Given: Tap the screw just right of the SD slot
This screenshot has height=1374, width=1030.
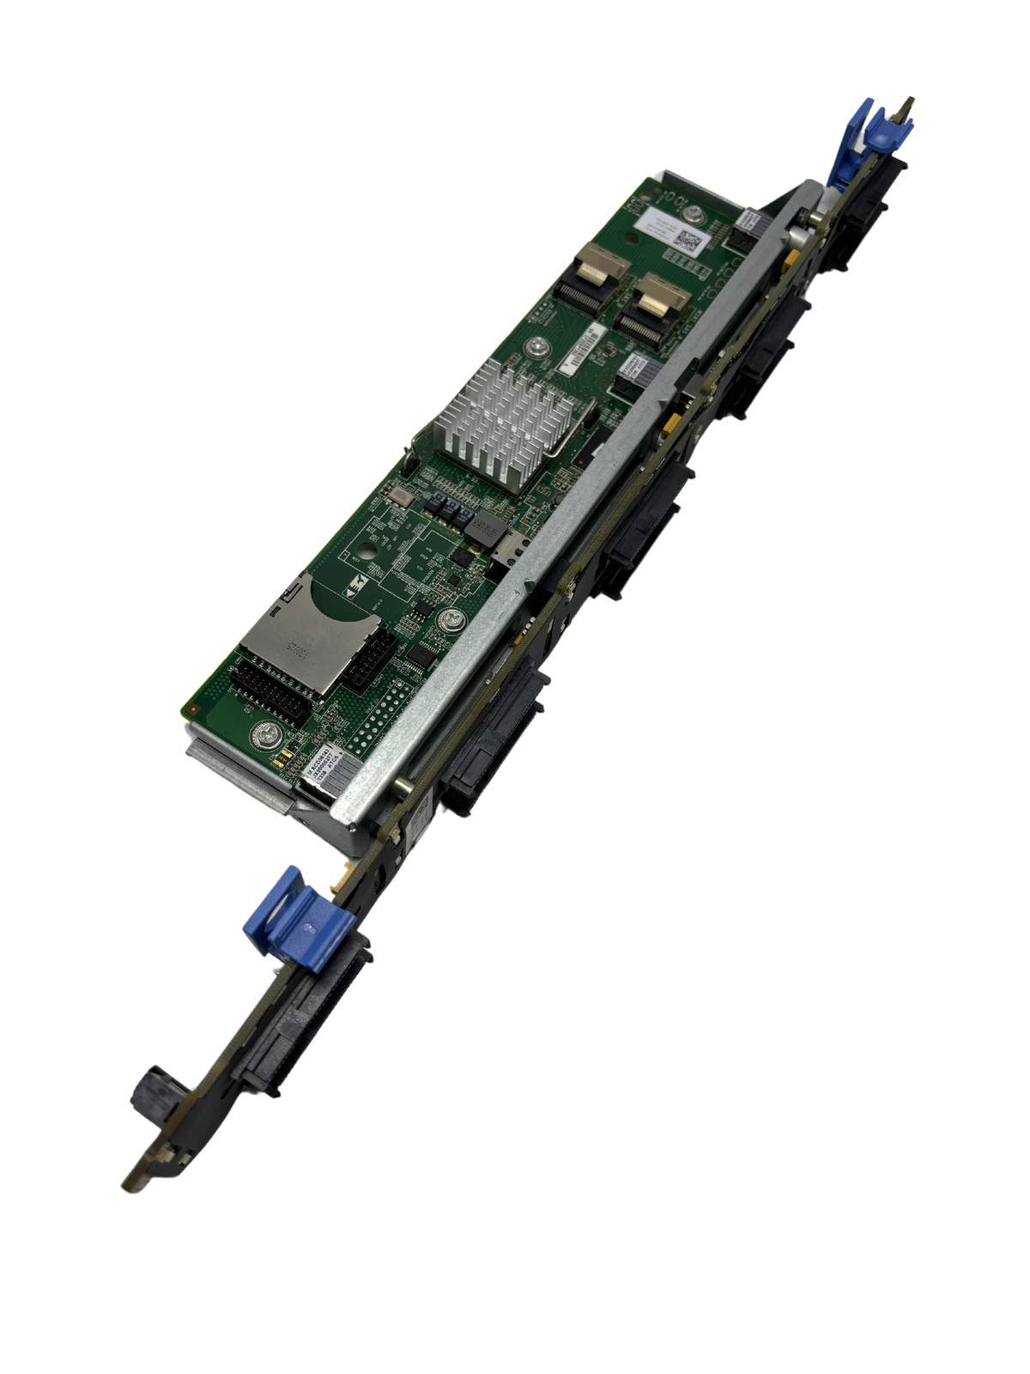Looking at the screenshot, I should point(447,620).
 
